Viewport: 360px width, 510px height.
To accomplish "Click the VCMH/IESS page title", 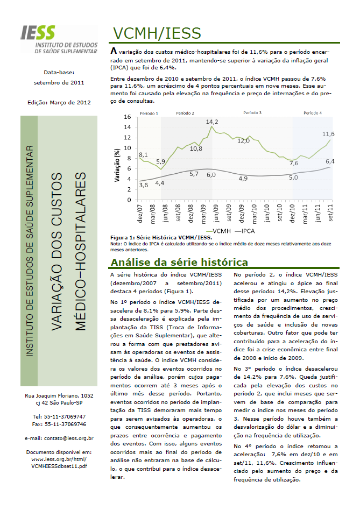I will [157, 33].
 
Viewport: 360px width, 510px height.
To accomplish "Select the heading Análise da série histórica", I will [179, 263].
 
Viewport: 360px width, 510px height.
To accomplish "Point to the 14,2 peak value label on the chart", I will [212, 122].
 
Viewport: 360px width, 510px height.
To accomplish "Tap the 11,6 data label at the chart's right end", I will [328, 133].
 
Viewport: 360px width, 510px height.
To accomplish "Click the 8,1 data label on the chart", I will [144, 155].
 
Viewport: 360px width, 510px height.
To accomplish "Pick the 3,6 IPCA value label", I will [144, 185].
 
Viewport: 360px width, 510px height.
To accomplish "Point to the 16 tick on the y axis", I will [128, 117].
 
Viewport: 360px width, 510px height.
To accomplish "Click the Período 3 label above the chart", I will [252, 114].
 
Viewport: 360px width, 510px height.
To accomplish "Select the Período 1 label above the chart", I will [149, 114].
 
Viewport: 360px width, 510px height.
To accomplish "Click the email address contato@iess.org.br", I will [59, 438].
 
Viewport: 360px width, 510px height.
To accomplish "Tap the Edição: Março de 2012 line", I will [59, 102].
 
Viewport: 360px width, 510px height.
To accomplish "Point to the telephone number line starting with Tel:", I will [59, 417].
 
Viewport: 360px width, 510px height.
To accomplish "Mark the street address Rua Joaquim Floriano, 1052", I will [59, 395].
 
